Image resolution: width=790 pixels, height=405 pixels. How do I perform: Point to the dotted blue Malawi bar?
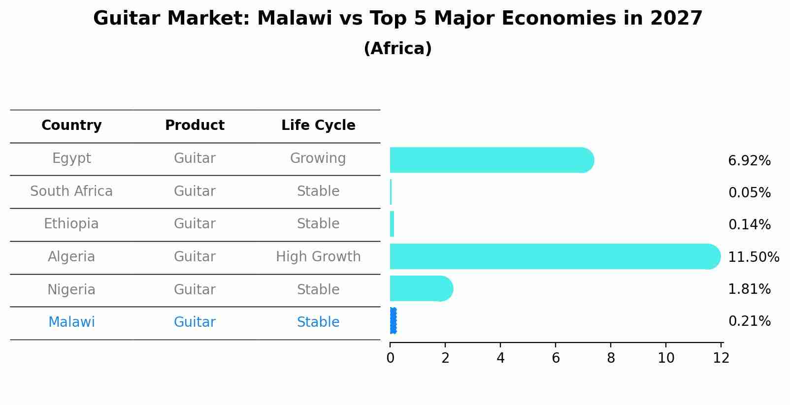pyautogui.click(x=393, y=321)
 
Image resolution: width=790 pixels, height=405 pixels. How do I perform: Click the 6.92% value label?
pyautogui.click(x=749, y=161)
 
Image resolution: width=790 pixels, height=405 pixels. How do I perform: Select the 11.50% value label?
pyautogui.click(x=754, y=257)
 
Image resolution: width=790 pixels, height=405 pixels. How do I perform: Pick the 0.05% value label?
pyautogui.click(x=749, y=193)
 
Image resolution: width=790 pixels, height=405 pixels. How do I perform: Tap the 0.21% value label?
pyautogui.click(x=749, y=321)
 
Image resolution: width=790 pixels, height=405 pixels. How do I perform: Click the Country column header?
pyautogui.click(x=71, y=125)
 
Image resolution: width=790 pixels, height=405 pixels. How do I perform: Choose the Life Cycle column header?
pyautogui.click(x=318, y=125)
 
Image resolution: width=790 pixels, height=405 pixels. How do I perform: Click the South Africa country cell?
pyautogui.click(x=71, y=191)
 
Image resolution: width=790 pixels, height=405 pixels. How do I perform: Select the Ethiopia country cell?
pyautogui.click(x=71, y=224)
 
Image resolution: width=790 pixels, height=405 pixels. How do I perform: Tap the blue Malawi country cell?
pyautogui.click(x=71, y=322)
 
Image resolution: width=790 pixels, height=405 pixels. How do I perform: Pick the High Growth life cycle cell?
pyautogui.click(x=318, y=257)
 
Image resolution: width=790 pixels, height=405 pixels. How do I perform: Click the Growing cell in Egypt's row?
pyautogui.click(x=318, y=158)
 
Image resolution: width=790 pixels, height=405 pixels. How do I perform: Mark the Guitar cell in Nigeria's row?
pyautogui.click(x=195, y=289)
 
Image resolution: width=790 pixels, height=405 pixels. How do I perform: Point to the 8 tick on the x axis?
pyautogui.click(x=611, y=358)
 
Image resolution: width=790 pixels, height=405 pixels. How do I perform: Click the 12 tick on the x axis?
pyautogui.click(x=721, y=358)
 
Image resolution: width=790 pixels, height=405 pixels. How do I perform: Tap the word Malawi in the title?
pyautogui.click(x=295, y=19)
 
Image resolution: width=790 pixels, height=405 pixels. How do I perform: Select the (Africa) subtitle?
pyautogui.click(x=397, y=49)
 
